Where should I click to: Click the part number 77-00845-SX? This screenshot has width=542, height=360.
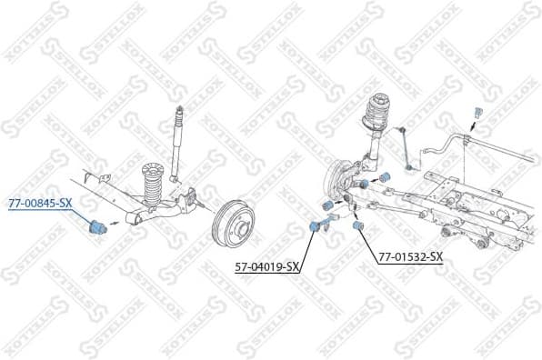(x=39, y=203)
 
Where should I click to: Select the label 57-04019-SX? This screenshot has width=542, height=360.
(x=267, y=266)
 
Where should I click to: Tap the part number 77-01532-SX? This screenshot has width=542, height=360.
(x=410, y=257)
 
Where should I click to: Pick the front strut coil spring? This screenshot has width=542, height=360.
(x=375, y=124)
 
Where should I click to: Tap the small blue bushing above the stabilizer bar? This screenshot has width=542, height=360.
(x=476, y=111)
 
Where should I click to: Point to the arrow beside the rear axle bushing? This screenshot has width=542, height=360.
(x=115, y=221)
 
